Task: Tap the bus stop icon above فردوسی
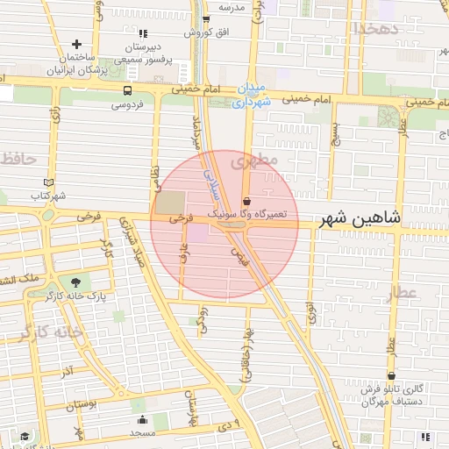tap(128, 90)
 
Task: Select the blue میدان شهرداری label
tap(253, 95)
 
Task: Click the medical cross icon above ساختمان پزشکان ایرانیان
tap(77, 44)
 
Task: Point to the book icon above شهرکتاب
tap(47, 182)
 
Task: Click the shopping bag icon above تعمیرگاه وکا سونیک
tap(246, 200)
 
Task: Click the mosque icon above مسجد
tap(141, 420)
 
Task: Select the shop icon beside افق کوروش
tap(206, 18)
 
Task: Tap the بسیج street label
tap(335, 134)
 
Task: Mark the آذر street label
tap(67, 371)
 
